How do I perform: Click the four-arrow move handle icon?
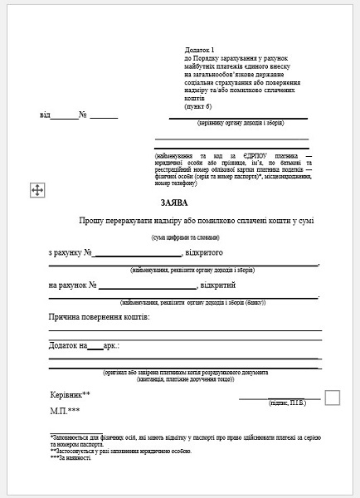(x=36, y=191)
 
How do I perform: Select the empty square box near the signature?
(x=333, y=397)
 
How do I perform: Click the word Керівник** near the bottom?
(x=70, y=396)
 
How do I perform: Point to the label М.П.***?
(x=65, y=411)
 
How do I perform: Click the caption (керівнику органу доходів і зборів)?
(x=241, y=124)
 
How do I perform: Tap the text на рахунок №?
(x=74, y=286)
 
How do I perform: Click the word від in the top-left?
(x=44, y=115)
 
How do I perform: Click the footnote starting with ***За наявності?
(x=71, y=457)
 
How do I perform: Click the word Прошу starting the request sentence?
(x=95, y=221)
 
